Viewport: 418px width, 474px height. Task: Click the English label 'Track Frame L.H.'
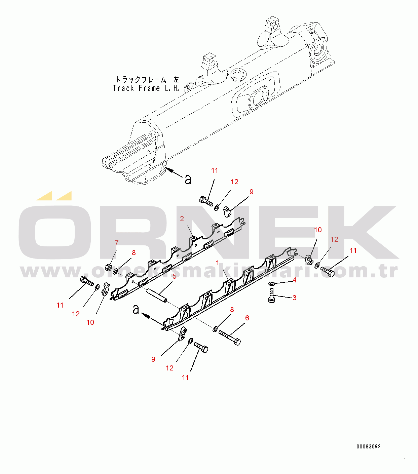tap(146, 88)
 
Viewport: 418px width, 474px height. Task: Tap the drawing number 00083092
tap(369, 446)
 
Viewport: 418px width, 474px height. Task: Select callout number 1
tap(218, 263)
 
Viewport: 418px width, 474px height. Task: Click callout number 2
tap(182, 219)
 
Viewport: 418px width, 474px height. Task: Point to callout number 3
tap(294, 298)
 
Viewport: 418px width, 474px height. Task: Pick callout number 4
tap(294, 280)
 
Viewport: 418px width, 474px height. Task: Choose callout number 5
tap(174, 276)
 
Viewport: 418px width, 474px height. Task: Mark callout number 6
tap(247, 318)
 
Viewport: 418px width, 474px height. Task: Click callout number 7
tap(117, 243)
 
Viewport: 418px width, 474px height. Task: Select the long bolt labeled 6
tap(230, 338)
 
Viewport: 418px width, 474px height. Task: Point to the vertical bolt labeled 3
tap(272, 296)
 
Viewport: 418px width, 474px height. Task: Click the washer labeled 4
tap(272, 284)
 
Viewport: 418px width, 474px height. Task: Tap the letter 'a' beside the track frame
tap(188, 179)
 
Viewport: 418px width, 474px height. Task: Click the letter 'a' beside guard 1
tap(136, 309)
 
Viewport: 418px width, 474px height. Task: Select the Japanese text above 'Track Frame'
tap(147, 80)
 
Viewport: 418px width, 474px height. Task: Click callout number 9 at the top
tap(251, 192)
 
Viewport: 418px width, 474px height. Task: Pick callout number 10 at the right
tap(318, 230)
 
